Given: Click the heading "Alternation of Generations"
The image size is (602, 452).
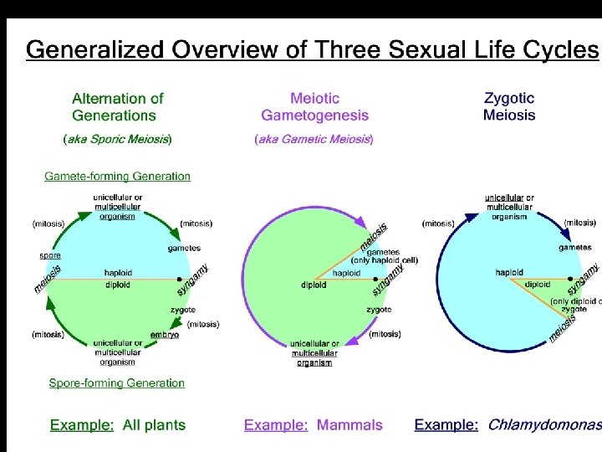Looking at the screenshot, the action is pos(117,107).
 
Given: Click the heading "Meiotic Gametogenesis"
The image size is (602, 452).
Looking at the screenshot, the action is pos(314,107).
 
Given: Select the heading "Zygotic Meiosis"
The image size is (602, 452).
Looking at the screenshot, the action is pos(508,106).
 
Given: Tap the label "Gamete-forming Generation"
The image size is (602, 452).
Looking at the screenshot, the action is pos(117,177).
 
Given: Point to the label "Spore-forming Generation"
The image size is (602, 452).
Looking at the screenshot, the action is pos(116,383).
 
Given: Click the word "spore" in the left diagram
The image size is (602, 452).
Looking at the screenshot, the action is pos(50,254).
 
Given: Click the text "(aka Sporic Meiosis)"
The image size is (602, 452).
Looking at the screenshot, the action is pos(118,140).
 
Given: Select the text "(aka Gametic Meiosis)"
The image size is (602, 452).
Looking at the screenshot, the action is pos(314,140).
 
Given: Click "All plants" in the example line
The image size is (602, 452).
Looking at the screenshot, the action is pos(154,425).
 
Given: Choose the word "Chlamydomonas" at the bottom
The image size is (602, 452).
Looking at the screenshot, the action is pos(543,425).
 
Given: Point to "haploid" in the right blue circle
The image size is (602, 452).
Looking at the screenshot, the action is pos(509,272).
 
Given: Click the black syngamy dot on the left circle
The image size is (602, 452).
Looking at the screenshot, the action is pos(180,279).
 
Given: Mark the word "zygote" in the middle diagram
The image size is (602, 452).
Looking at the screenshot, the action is pos(379,310).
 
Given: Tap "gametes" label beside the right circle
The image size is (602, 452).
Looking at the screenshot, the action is pos(575,248).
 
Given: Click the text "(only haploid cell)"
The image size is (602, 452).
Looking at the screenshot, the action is pos(384,260).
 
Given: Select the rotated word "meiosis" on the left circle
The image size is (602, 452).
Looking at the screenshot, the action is pos(48,279).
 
